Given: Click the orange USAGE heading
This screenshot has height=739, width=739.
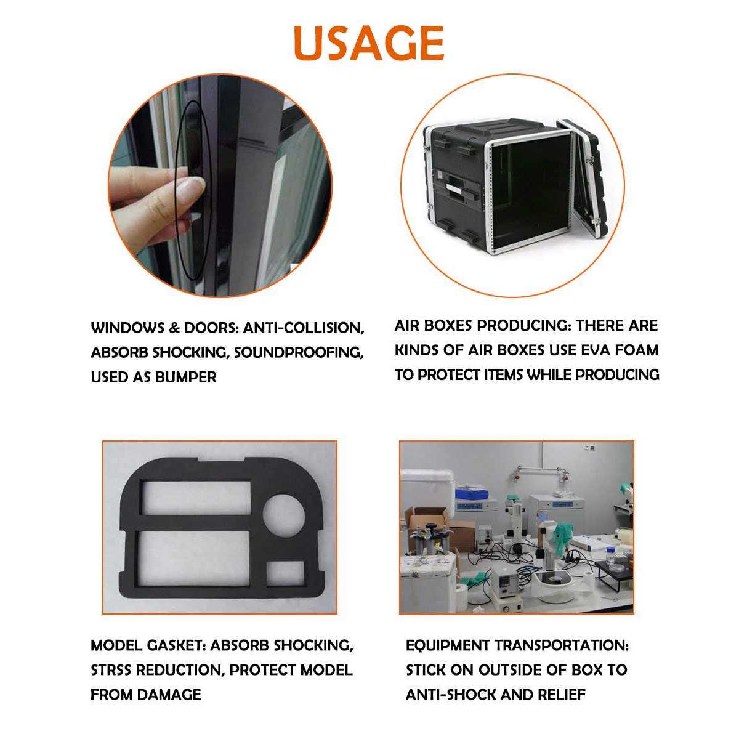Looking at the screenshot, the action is pos(369,42).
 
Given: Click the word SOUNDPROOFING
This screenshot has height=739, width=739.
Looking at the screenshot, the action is pos(298,353).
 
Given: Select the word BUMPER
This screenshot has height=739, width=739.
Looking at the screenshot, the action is pos(186,377).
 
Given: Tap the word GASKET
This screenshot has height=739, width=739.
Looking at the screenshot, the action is pos(178,645).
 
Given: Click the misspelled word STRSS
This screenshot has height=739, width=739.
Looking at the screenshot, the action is pos(111,670).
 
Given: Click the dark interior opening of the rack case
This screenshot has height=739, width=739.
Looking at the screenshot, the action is pos(531,192).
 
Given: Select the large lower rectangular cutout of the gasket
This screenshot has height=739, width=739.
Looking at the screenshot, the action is pos(194,558).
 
